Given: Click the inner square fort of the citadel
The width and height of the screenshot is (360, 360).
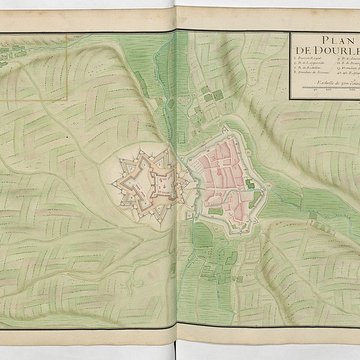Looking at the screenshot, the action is click(158, 182).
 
